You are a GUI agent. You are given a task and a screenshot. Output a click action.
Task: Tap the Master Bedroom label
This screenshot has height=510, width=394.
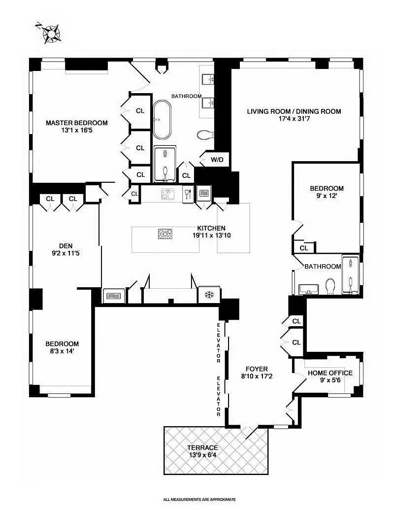76,123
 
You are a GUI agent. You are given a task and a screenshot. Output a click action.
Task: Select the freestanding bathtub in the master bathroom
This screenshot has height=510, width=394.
162,120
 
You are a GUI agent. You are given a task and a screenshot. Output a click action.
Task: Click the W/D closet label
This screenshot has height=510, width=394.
217,160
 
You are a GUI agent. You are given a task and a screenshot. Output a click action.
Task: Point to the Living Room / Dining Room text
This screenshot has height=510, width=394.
294,111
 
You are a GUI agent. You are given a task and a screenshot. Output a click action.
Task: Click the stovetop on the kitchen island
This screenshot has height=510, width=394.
165,234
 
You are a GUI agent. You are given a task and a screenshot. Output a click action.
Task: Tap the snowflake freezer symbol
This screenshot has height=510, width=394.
208,295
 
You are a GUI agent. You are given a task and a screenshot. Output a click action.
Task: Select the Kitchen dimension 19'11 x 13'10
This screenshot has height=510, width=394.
211,236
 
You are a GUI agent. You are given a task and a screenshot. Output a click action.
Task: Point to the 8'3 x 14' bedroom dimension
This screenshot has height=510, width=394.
62,352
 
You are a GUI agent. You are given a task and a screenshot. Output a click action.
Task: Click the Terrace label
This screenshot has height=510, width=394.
202,447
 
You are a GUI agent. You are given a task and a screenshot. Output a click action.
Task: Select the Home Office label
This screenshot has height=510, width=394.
330,373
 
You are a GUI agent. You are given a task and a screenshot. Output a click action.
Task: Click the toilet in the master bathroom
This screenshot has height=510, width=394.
203,135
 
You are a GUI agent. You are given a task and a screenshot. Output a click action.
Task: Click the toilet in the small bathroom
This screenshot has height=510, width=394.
330,286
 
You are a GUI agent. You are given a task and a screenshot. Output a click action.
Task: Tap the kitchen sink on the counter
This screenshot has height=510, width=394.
167,195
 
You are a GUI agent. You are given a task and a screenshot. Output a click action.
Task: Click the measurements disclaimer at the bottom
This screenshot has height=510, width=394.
199,499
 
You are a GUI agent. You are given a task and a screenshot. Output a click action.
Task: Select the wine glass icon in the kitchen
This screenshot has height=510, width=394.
187,194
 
